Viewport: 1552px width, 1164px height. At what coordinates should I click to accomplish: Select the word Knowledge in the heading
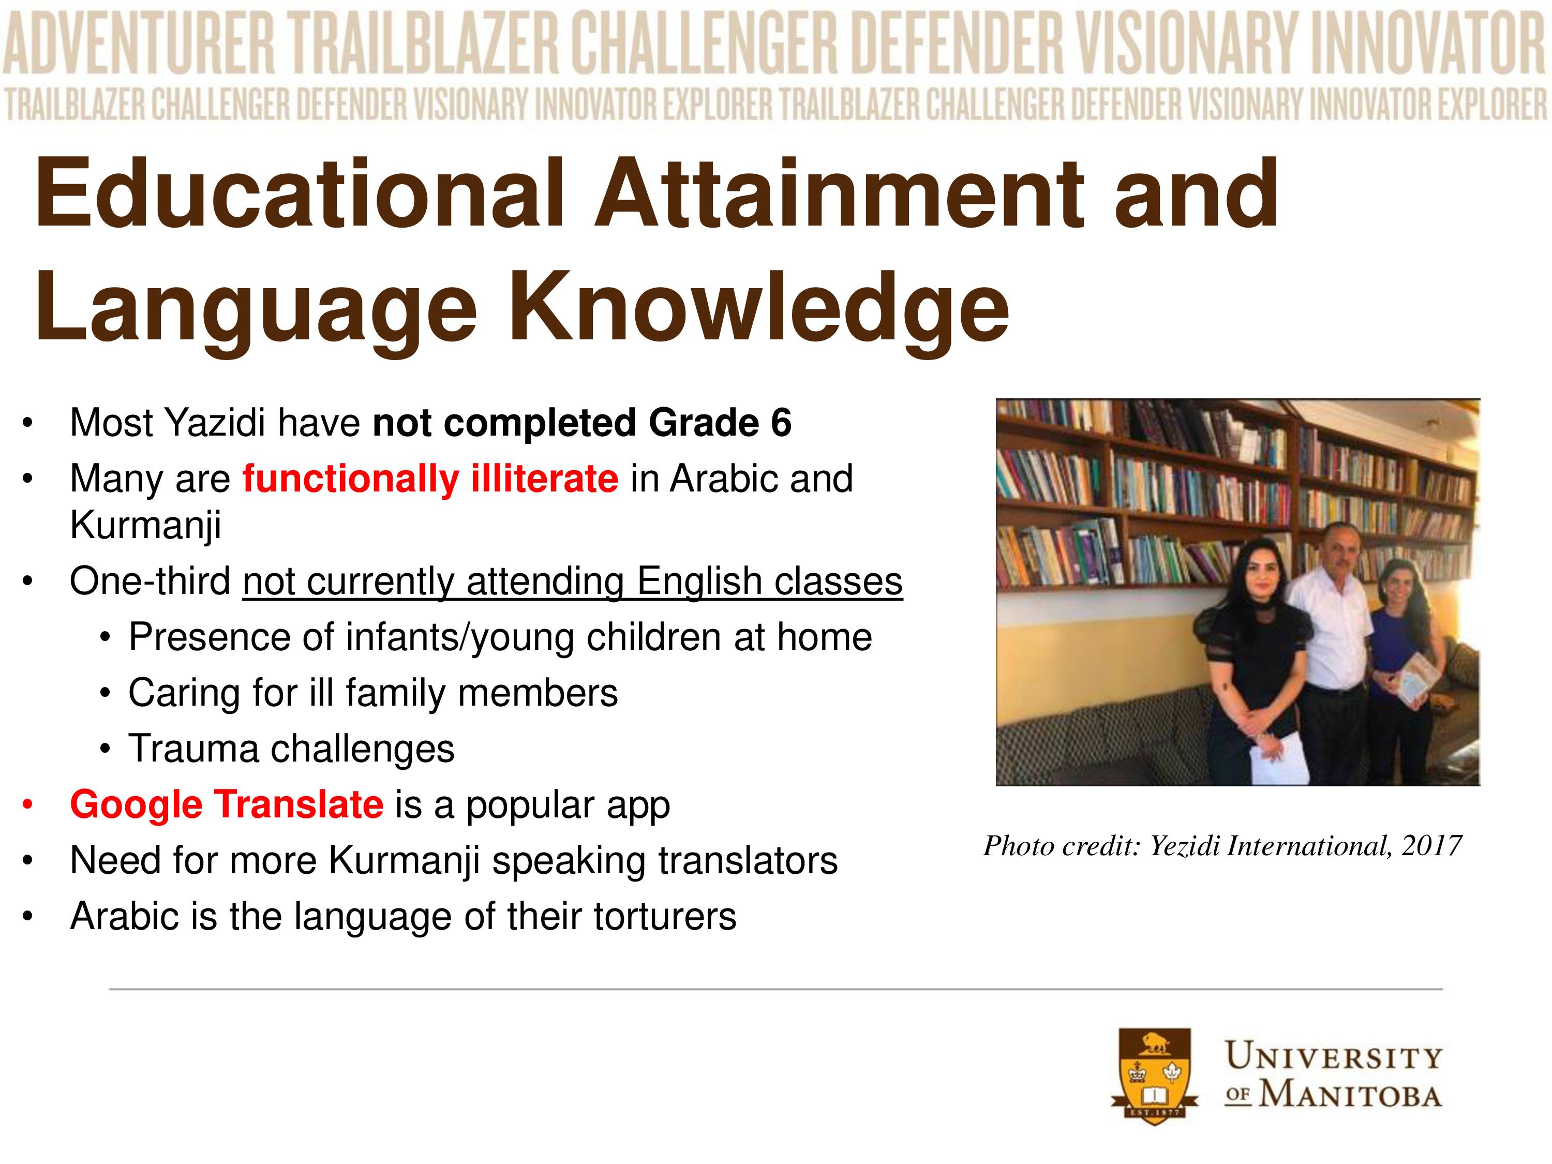pos(758,309)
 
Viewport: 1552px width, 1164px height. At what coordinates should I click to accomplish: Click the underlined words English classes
pos(769,581)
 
